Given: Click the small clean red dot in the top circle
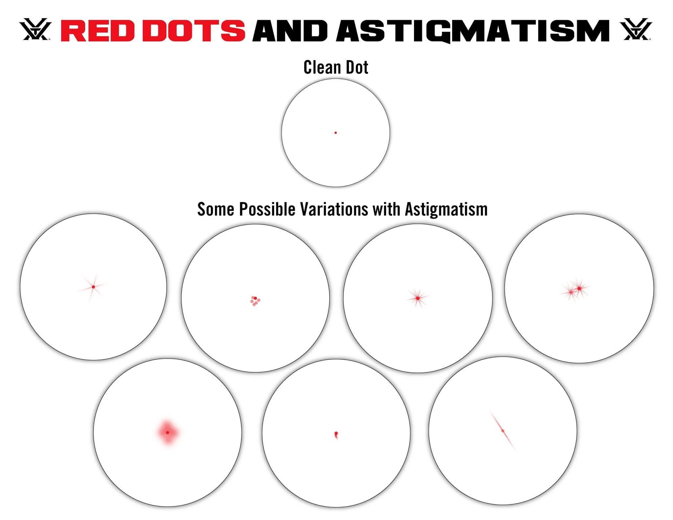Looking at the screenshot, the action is point(336,133).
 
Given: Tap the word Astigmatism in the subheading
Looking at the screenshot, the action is point(446,209).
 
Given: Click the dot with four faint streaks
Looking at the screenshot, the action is point(93,287).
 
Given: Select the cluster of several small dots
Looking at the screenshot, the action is point(255,301).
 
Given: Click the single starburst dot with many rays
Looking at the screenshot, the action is point(417,298).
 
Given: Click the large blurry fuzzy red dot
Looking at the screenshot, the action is point(168,433).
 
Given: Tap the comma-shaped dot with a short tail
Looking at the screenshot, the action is point(336,435).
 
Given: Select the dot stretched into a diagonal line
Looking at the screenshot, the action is point(503,431).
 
